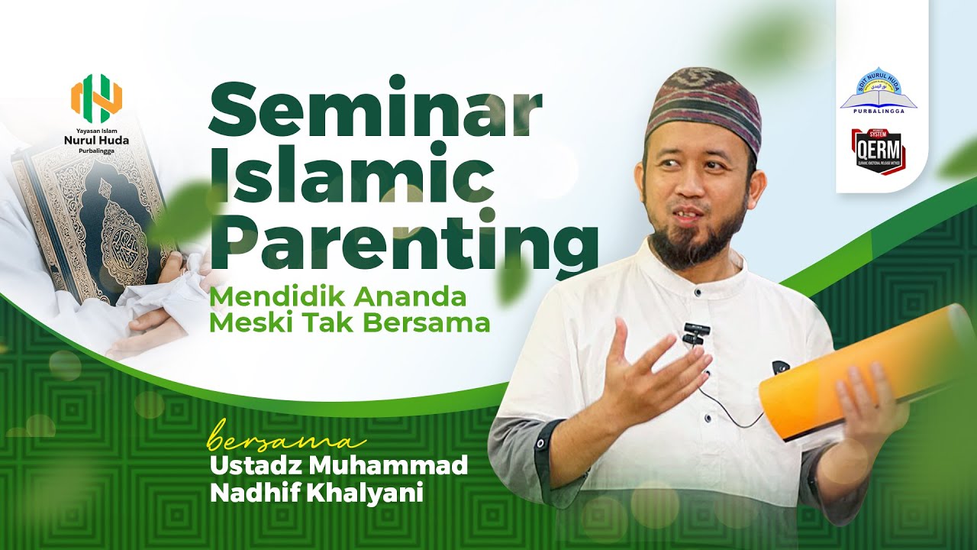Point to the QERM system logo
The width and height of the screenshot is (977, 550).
click(x=878, y=152)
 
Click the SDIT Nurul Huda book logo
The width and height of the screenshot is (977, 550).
click(x=879, y=89)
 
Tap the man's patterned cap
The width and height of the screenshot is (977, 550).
click(x=703, y=105)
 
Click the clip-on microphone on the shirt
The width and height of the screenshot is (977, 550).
click(x=696, y=333)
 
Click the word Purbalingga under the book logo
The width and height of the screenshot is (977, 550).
click(x=879, y=112)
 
